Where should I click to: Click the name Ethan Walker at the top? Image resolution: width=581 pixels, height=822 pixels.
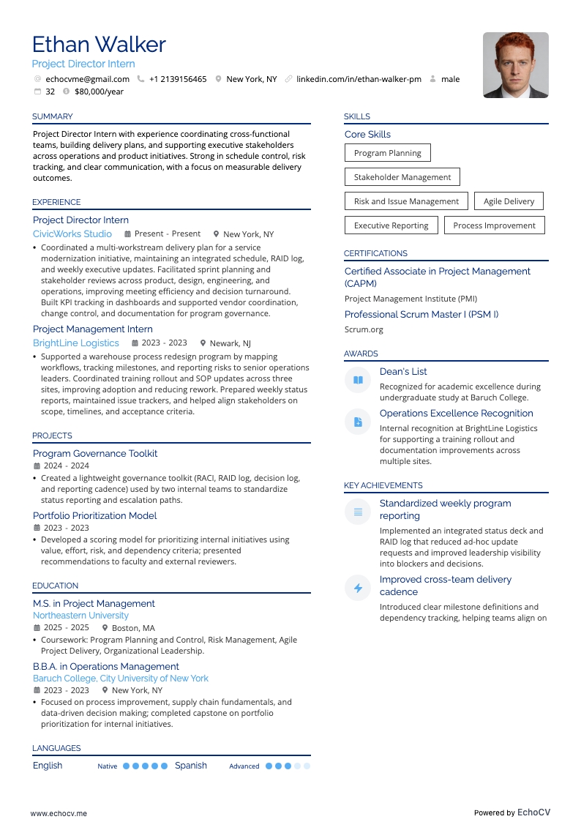click(x=99, y=45)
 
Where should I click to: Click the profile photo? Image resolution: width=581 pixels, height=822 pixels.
click(x=515, y=65)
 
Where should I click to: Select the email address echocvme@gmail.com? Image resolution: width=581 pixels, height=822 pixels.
click(x=87, y=79)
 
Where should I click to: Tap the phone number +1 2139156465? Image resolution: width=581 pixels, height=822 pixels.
click(x=178, y=79)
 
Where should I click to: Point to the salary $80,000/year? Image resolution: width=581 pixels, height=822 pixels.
click(x=99, y=91)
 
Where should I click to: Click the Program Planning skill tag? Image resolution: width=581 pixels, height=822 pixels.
click(x=387, y=153)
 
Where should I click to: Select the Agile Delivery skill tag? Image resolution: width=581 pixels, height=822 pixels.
click(x=509, y=201)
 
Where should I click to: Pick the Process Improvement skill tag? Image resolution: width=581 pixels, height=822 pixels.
click(x=494, y=225)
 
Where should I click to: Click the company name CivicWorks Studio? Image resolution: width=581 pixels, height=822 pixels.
click(x=72, y=233)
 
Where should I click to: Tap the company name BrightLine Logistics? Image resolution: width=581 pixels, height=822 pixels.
click(x=75, y=343)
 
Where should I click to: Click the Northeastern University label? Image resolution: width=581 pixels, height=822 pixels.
click(x=80, y=616)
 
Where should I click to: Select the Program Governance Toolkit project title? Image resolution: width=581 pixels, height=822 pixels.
click(x=95, y=453)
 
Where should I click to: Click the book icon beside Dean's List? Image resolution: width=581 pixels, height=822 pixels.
click(x=358, y=380)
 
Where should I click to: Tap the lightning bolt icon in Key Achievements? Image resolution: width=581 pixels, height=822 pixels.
click(x=358, y=588)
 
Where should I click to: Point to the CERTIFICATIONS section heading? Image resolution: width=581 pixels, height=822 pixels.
click(x=375, y=253)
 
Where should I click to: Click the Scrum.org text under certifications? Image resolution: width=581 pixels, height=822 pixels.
click(x=364, y=329)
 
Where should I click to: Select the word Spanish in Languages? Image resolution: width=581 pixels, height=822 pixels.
click(x=191, y=766)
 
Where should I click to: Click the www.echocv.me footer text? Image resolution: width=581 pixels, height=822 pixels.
click(x=59, y=813)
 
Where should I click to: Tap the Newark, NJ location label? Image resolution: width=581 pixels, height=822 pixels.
click(x=230, y=343)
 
